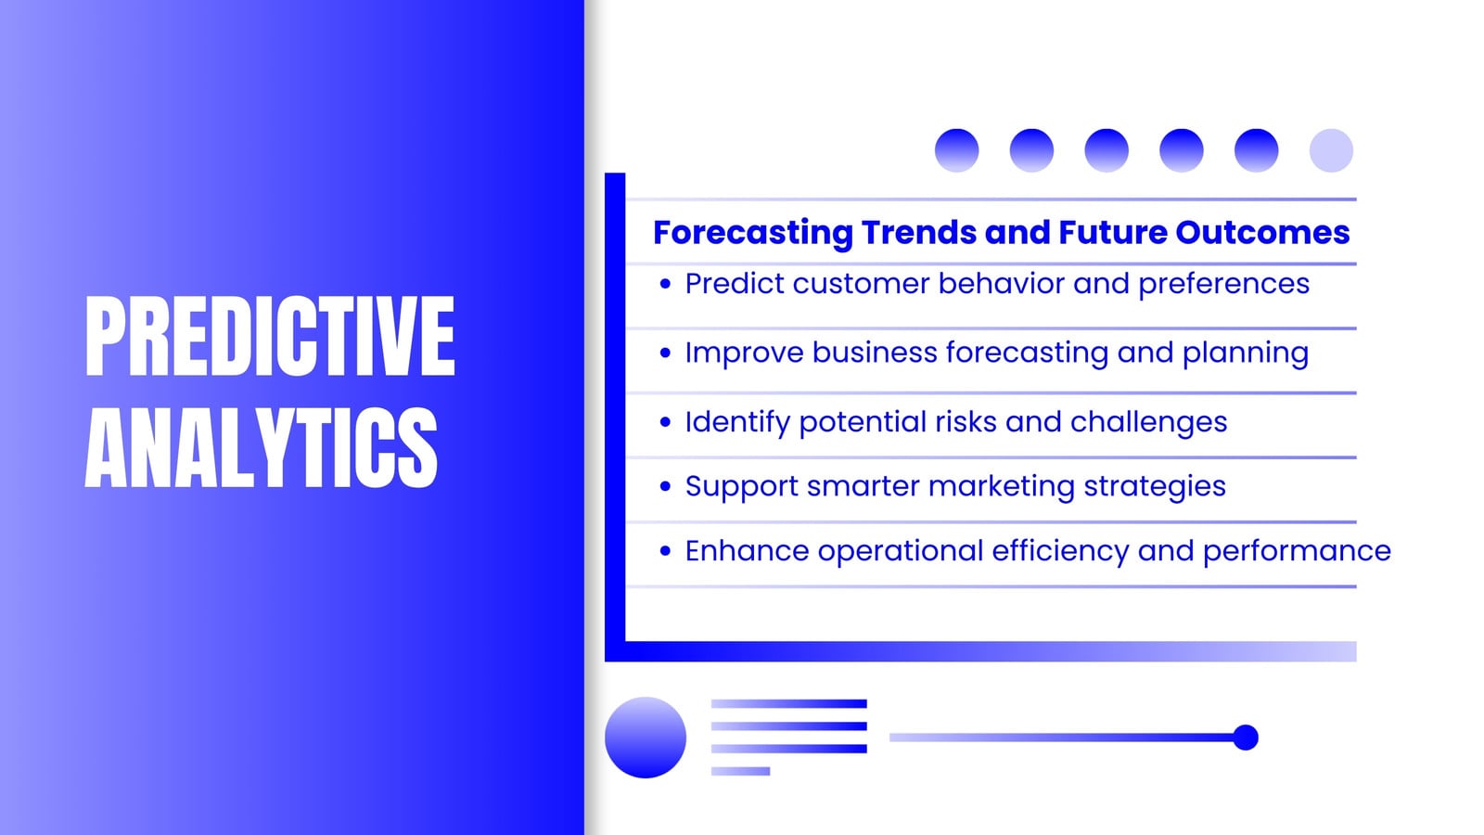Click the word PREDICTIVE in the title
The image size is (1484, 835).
(x=270, y=336)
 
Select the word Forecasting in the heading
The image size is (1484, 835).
(x=752, y=233)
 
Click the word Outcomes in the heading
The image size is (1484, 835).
(x=1262, y=232)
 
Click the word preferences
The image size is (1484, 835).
(x=1223, y=285)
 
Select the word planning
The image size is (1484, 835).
(x=1246, y=353)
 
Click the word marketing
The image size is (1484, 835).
(x=1001, y=486)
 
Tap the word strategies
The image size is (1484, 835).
(x=1155, y=487)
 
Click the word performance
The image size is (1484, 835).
(x=1297, y=552)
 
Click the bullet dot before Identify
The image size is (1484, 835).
(x=665, y=422)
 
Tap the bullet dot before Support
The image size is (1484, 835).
(x=665, y=486)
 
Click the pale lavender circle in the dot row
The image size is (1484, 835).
(x=1331, y=150)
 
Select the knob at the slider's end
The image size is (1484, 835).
(x=1246, y=738)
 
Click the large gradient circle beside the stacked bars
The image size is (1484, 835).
(x=646, y=738)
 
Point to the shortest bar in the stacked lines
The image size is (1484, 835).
(x=740, y=771)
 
